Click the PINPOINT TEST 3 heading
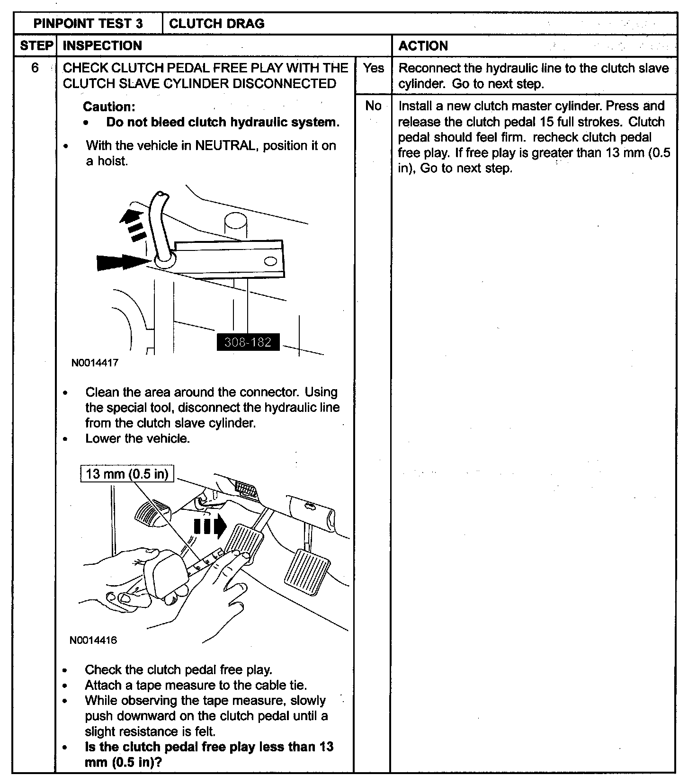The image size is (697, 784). [88, 24]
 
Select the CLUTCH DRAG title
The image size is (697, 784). [216, 24]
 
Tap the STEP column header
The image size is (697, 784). [36, 46]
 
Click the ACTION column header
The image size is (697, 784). [423, 46]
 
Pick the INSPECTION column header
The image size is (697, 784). [102, 46]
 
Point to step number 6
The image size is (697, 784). [35, 68]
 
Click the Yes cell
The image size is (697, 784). [373, 68]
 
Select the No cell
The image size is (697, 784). [373, 106]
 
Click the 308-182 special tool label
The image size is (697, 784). [248, 342]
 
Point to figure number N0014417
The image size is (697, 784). [95, 363]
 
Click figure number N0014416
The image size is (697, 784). [93, 641]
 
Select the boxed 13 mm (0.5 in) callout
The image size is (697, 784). [127, 474]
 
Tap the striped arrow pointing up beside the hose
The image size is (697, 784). [134, 225]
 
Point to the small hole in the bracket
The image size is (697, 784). [270, 261]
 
